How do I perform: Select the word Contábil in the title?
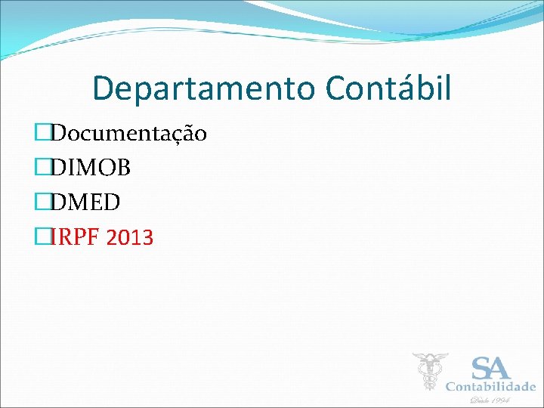pos(389,88)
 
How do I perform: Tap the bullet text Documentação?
pos(129,134)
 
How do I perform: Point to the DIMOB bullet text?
pos(91,168)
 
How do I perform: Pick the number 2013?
pos(130,237)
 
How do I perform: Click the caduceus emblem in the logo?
pos(430,370)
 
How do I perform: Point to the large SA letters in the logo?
pos(490,369)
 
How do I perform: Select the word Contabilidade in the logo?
pos(490,386)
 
